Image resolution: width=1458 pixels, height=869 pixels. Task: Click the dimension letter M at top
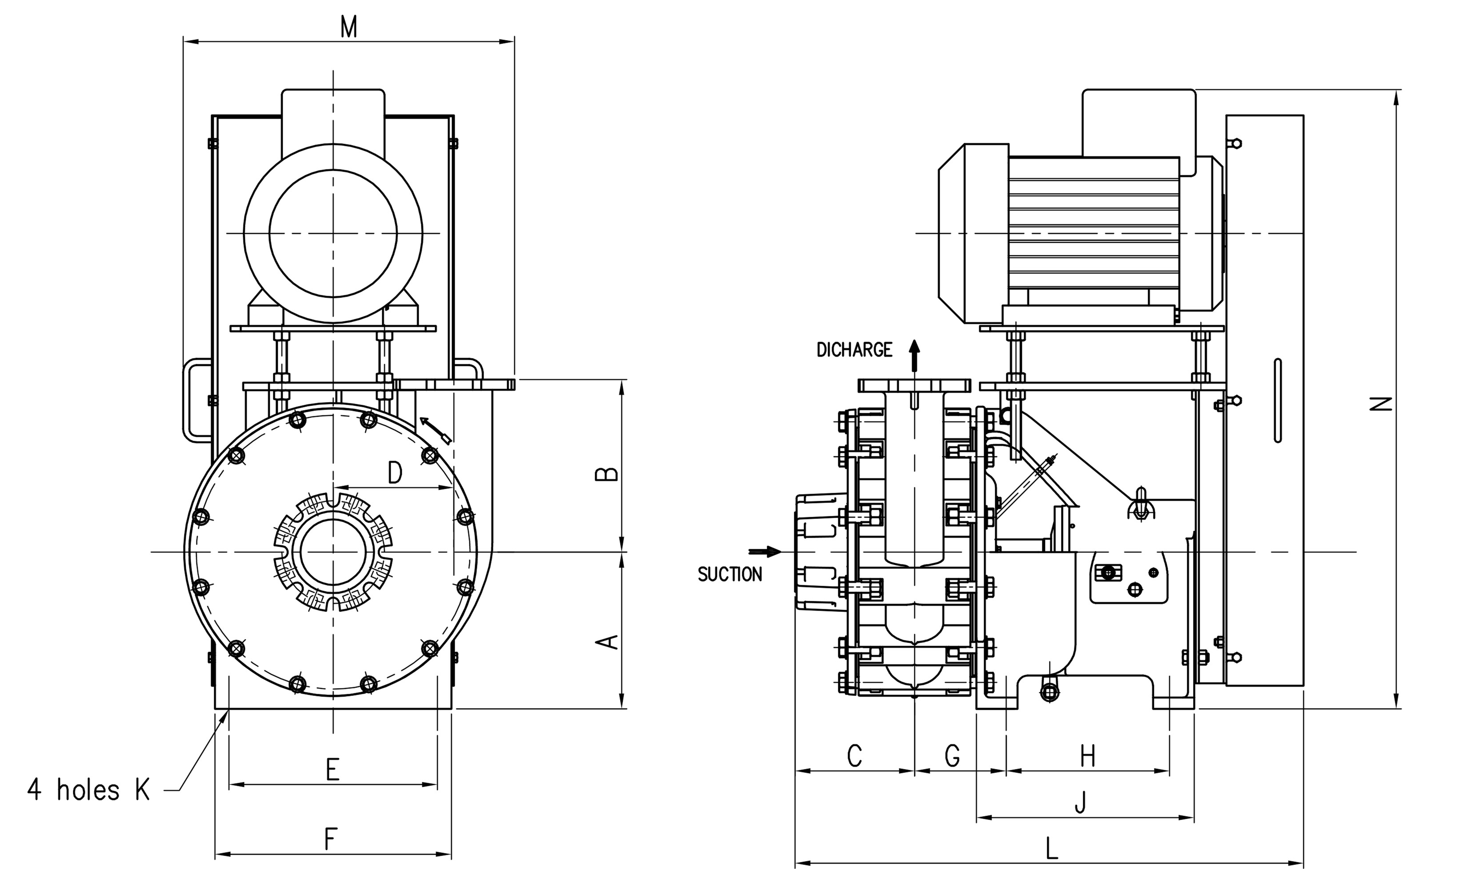349,28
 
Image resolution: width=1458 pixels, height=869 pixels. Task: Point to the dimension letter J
1081,802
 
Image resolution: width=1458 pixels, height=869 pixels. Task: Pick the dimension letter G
952,756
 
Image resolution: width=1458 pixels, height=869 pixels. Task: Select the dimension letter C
854,756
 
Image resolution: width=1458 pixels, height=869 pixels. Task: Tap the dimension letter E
332,769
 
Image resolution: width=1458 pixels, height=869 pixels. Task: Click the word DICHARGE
854,350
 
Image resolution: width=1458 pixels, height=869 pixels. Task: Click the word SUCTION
730,575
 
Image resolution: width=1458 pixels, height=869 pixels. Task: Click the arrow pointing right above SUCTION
765,551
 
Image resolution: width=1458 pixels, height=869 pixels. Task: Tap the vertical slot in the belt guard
1277,401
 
